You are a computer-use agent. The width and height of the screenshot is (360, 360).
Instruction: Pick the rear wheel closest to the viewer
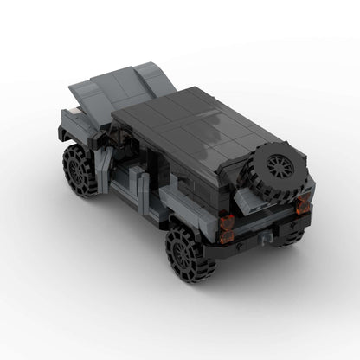click(x=190, y=253)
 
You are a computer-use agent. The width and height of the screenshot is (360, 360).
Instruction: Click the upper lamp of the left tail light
click(x=227, y=221)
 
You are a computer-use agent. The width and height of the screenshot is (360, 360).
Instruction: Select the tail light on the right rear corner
click(x=302, y=205)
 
